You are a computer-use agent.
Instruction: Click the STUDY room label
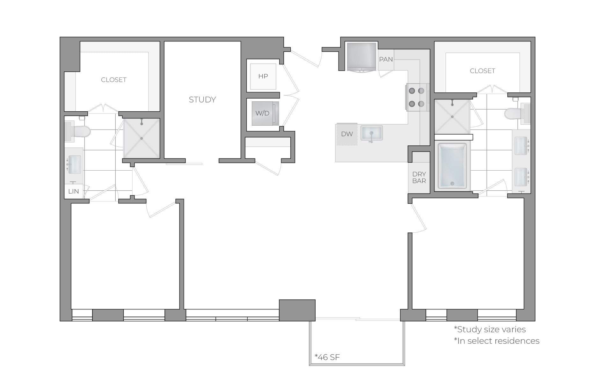(x=202, y=99)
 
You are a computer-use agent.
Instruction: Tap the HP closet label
(x=263, y=76)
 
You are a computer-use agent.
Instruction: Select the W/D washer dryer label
(x=262, y=113)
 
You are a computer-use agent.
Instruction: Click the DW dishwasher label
(x=347, y=134)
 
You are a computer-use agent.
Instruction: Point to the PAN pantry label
(x=386, y=59)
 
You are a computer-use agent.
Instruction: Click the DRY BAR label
(x=419, y=177)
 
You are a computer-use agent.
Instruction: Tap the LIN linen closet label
(x=73, y=191)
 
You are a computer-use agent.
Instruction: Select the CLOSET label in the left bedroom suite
(x=113, y=80)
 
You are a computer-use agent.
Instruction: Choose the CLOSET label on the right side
(x=482, y=71)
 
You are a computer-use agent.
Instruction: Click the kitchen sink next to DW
(x=371, y=133)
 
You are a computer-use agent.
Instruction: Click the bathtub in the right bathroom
(x=452, y=166)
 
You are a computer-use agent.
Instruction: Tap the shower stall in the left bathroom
(x=142, y=138)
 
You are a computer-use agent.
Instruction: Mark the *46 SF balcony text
(x=327, y=357)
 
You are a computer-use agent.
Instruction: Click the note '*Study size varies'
(x=490, y=329)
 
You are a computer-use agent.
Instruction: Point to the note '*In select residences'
(x=496, y=341)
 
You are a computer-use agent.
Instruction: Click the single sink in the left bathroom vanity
(x=75, y=165)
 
